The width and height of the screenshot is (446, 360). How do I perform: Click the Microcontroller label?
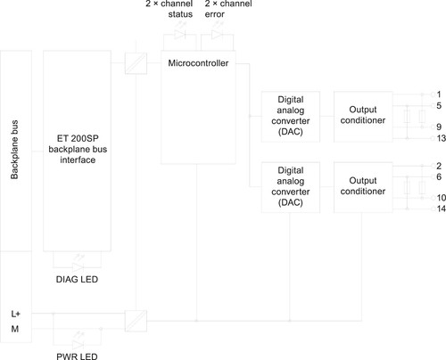pyautogui.click(x=198, y=63)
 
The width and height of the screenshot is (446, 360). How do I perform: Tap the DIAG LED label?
pyautogui.click(x=77, y=279)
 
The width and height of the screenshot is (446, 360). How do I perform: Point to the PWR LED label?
pyautogui.click(x=77, y=356)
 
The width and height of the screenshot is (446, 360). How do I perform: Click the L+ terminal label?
pyautogui.click(x=15, y=314)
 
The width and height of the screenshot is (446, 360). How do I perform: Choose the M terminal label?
pyautogui.click(x=15, y=329)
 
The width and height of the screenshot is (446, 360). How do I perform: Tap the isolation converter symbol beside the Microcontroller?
pyautogui.click(x=136, y=63)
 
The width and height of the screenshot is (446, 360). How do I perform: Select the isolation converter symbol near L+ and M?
pyautogui.click(x=136, y=321)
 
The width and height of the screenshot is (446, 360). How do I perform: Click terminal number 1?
pyautogui.click(x=439, y=94)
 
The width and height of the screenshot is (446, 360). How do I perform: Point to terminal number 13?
pyautogui.click(x=441, y=138)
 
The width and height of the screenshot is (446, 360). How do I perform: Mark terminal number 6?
pyautogui.click(x=439, y=176)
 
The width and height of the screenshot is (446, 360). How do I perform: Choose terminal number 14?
pyautogui.click(x=441, y=209)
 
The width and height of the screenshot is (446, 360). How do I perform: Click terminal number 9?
pyautogui.click(x=439, y=127)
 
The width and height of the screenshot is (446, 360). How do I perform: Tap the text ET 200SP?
pyautogui.click(x=78, y=138)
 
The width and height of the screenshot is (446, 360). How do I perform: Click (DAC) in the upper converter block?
pyautogui.click(x=291, y=132)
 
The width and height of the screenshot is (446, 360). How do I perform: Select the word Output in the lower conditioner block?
pyautogui.click(x=363, y=181)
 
